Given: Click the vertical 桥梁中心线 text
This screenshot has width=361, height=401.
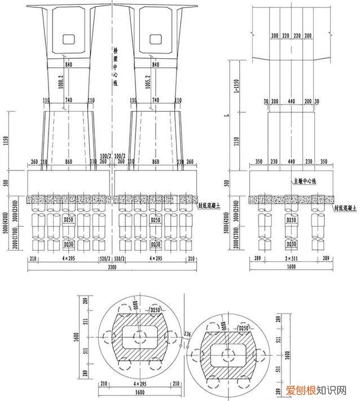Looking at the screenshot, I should pyautogui.click(x=115, y=67).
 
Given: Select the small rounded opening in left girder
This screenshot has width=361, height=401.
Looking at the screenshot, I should pyautogui.click(x=68, y=39).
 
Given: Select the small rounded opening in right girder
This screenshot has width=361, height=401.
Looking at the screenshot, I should pyautogui.click(x=156, y=39).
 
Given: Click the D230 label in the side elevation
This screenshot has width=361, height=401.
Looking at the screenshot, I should pyautogui.click(x=292, y=243).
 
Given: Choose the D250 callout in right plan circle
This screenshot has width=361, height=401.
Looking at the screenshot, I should pyautogui.click(x=244, y=328).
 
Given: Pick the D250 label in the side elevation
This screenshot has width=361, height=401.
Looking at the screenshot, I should pyautogui.click(x=292, y=219).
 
